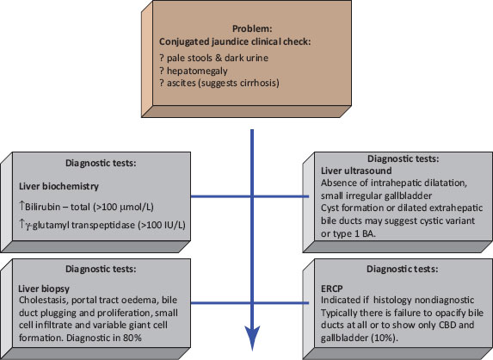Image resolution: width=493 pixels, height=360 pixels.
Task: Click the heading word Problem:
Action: click(252, 28)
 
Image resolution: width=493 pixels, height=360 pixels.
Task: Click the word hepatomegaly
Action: click(197, 71)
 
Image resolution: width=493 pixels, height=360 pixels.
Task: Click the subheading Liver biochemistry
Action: click(59, 186)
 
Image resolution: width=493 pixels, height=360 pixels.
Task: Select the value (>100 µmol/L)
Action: click(124, 207)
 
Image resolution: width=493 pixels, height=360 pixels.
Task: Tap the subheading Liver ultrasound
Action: click(356, 171)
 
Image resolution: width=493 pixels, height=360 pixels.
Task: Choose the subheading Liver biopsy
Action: click(44, 289)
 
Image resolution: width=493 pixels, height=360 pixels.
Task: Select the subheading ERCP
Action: click(332, 289)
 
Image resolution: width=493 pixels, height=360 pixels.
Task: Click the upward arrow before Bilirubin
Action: click(22, 206)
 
